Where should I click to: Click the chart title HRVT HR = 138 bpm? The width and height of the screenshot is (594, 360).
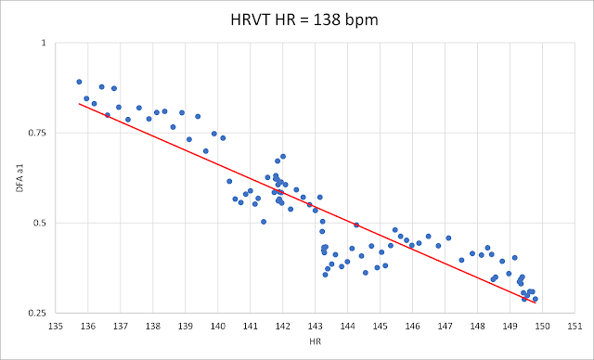[x=304, y=19]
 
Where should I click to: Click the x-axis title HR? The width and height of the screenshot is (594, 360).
[x=315, y=341]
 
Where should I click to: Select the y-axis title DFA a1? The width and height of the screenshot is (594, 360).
[x=19, y=178]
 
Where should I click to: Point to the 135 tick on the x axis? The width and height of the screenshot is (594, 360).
[x=56, y=326]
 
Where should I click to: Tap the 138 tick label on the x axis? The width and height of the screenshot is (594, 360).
[x=153, y=326]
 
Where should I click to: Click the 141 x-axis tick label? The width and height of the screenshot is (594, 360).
[x=250, y=326]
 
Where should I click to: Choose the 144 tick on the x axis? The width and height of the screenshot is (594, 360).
[x=347, y=326]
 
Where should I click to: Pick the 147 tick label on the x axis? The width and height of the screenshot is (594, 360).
[x=445, y=326]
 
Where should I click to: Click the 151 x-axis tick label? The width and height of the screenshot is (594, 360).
[x=575, y=326]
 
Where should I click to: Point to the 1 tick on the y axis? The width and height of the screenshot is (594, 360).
[x=44, y=43]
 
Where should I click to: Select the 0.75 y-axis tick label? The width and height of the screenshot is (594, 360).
[x=38, y=133]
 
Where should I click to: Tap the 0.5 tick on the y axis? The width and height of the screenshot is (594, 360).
[x=39, y=223]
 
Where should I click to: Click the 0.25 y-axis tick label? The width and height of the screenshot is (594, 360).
[x=38, y=313]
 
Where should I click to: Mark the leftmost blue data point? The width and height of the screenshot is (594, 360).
[x=79, y=82]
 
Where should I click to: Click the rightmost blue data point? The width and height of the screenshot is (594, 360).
[x=536, y=299]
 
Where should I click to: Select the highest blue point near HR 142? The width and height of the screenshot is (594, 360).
[x=283, y=157]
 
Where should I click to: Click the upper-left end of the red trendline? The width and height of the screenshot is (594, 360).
[x=79, y=103]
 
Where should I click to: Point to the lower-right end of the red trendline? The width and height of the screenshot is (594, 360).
[x=536, y=303]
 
